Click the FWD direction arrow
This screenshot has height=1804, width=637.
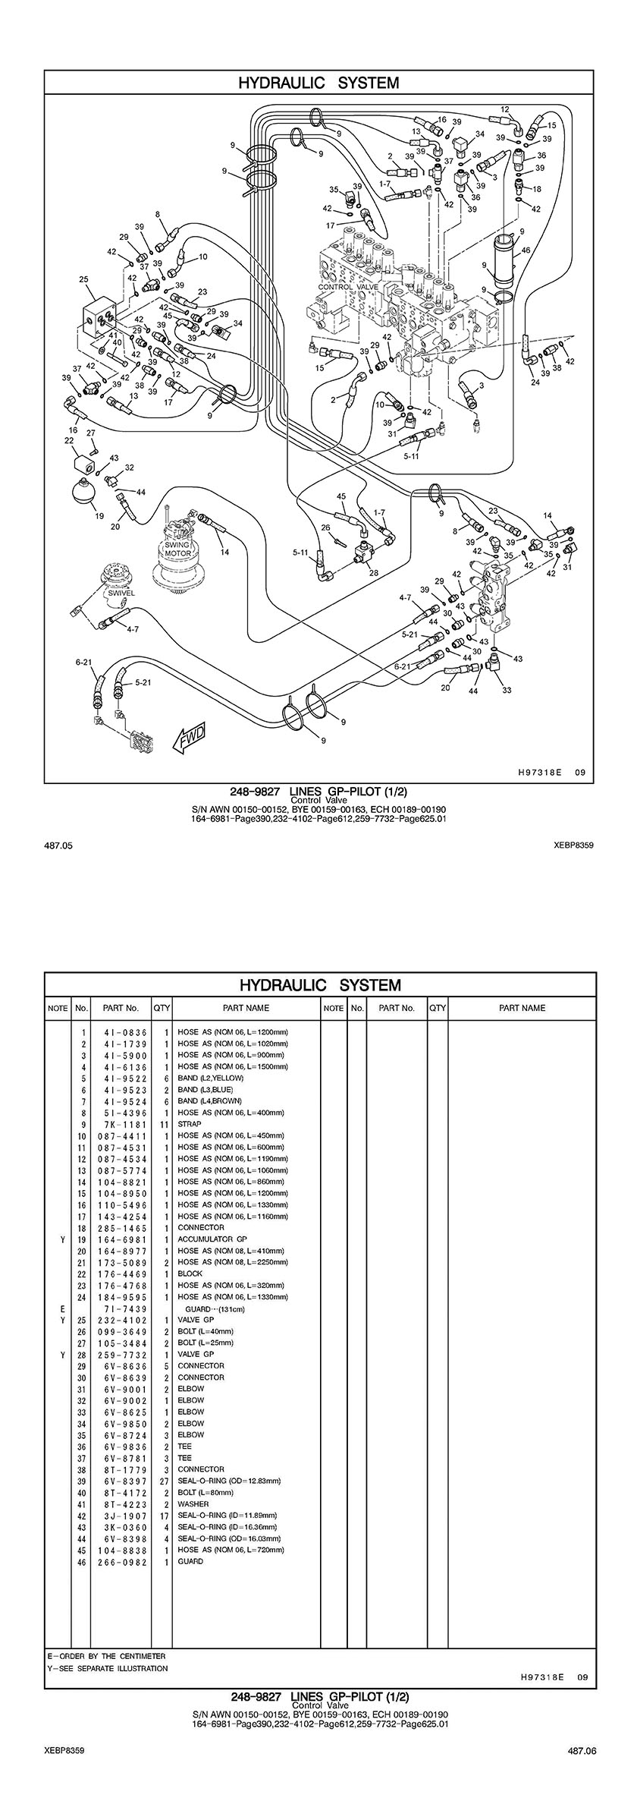pos(188,737)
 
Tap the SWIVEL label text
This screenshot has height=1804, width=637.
pos(121,593)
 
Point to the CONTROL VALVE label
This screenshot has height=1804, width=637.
pos(348,288)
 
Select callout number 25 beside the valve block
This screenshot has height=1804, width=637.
pos(83,279)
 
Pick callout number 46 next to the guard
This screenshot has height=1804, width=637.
pos(526,250)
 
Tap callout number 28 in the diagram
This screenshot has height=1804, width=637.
pos(374,573)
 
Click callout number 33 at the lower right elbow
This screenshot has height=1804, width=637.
pos(507,690)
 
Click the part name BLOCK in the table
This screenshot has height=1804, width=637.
pos(190,1274)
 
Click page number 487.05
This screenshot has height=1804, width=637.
pos(54,844)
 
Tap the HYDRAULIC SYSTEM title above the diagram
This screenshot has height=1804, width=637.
pos(318,83)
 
